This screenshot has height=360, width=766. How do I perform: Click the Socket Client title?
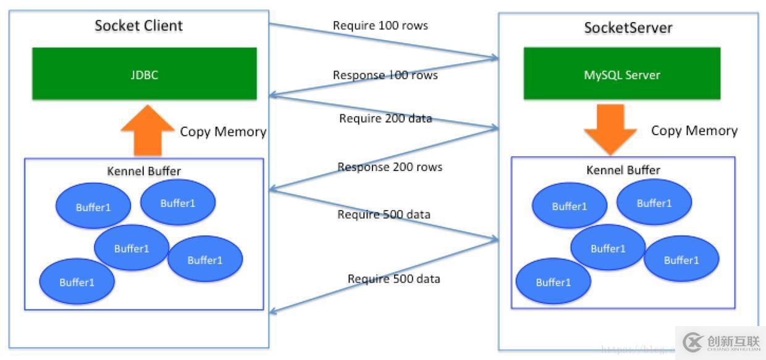click(x=138, y=26)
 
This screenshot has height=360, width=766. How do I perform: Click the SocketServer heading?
click(x=628, y=28)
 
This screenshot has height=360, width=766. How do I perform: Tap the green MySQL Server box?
click(x=621, y=74)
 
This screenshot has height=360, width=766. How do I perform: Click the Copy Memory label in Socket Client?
click(x=223, y=132)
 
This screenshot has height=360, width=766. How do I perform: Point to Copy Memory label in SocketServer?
click(x=694, y=130)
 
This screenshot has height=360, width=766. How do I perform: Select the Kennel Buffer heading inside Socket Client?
click(x=143, y=171)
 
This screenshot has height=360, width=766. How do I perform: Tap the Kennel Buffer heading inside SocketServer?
click(x=623, y=169)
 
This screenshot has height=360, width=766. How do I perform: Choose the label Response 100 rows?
click(x=385, y=75)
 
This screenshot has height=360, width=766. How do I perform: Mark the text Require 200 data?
click(x=385, y=118)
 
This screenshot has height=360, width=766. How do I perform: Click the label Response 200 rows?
click(x=389, y=167)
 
